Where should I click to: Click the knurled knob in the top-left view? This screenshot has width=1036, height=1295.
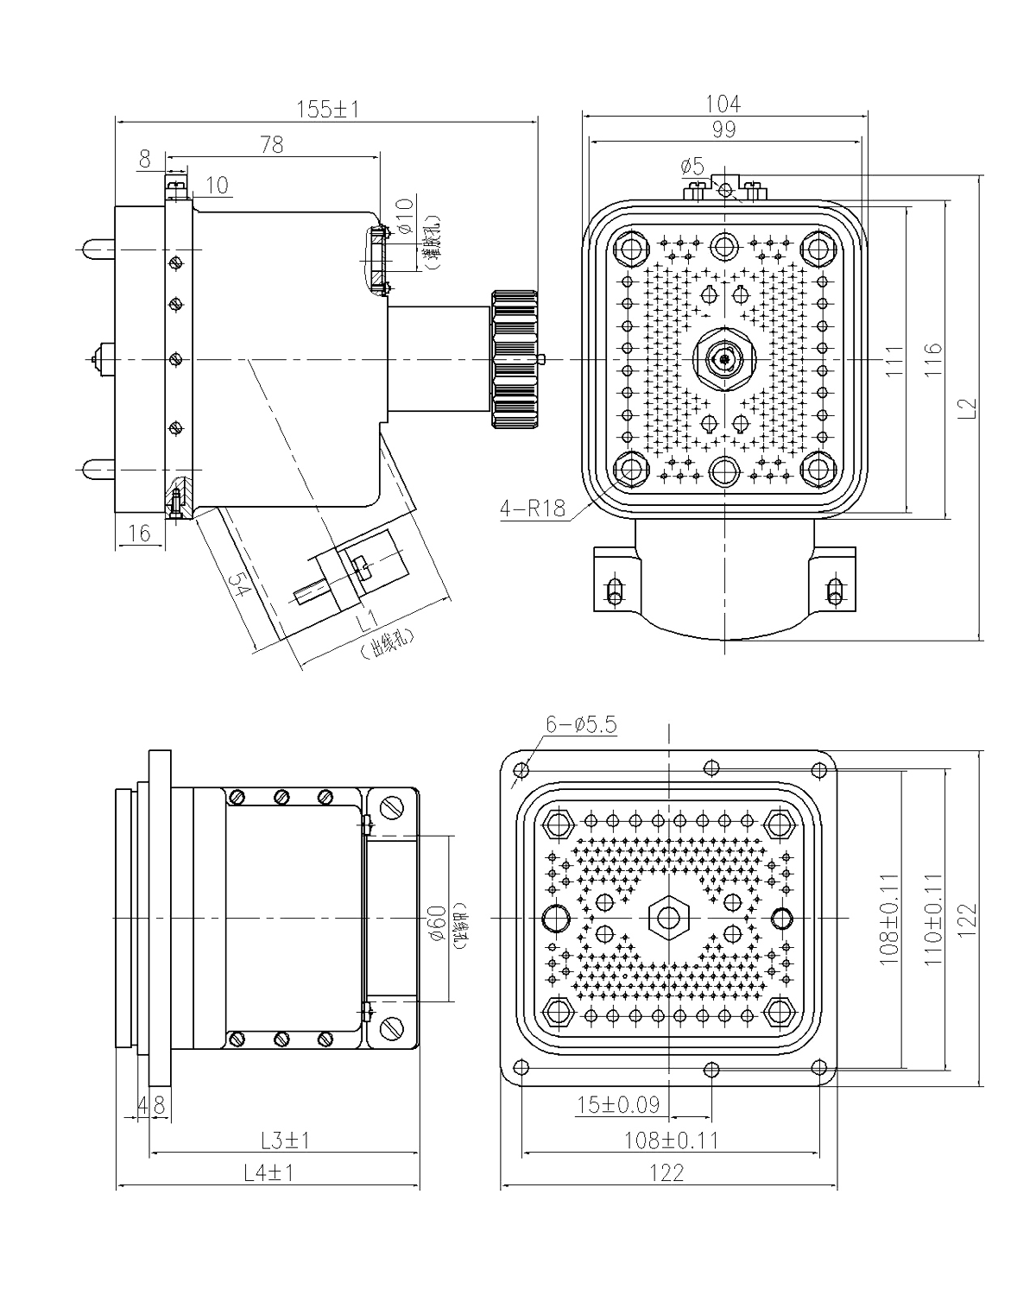[515, 357]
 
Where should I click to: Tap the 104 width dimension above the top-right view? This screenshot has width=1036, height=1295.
[723, 105]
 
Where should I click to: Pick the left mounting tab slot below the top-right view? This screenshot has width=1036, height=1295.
[616, 590]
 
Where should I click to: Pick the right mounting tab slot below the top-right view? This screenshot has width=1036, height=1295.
[833, 590]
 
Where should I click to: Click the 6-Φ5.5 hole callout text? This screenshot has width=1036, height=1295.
[584, 725]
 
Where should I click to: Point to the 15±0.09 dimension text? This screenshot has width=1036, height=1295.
[618, 1103]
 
